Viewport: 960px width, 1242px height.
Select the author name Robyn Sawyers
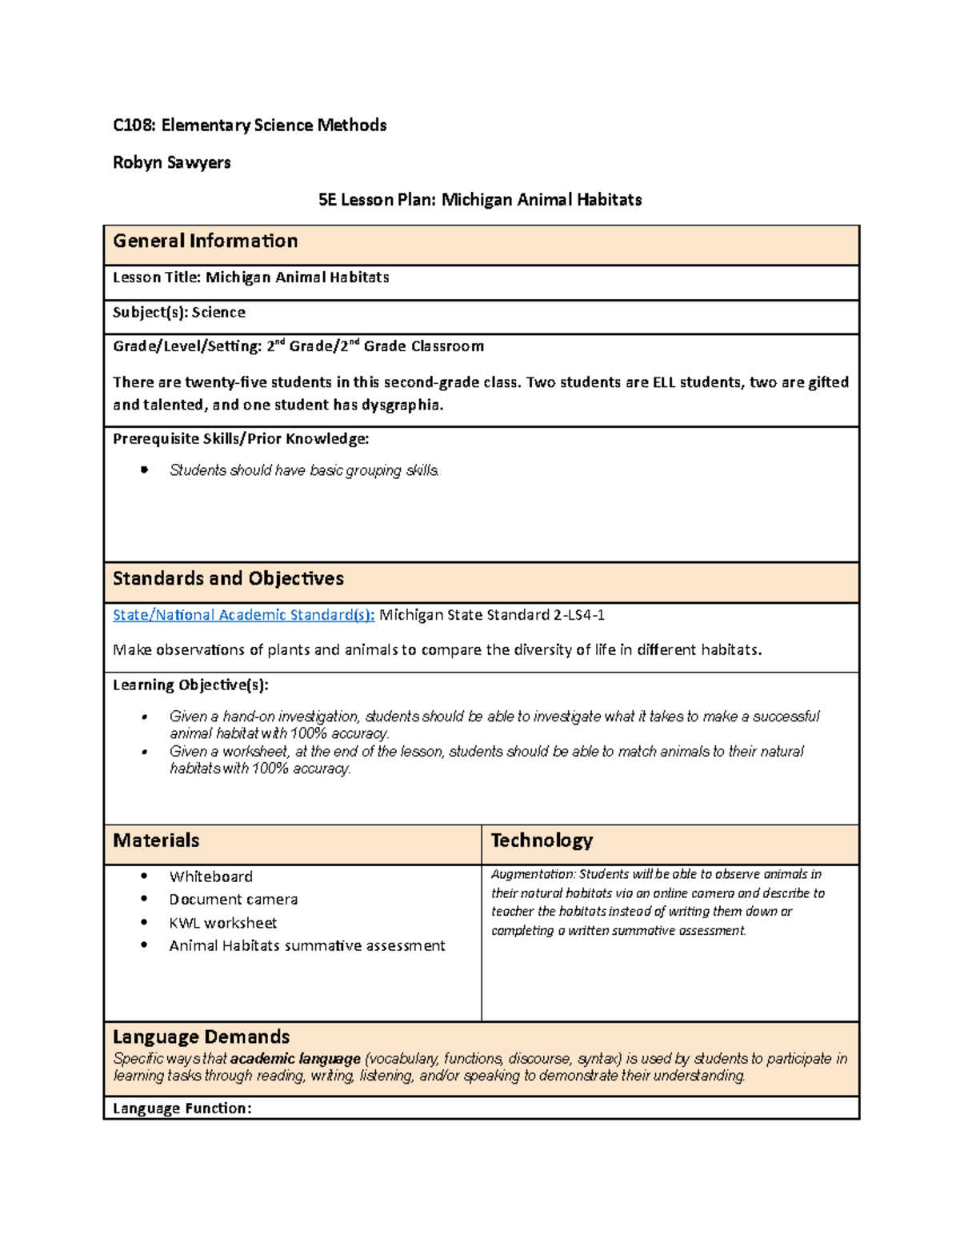click(171, 162)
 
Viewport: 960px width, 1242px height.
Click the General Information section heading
click(205, 241)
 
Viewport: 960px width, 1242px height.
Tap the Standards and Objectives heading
click(228, 578)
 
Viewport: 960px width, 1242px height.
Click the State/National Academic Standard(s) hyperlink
click(243, 615)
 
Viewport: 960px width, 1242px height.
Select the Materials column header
click(156, 841)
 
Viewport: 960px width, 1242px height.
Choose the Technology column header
click(542, 841)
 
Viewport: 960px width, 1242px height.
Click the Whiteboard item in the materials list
click(210, 877)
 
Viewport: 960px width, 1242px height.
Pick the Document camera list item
click(233, 900)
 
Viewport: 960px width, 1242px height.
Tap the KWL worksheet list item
click(222, 923)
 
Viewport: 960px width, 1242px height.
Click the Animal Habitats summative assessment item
click(306, 946)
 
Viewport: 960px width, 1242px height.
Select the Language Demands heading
click(201, 1036)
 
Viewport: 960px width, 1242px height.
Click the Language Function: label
click(182, 1108)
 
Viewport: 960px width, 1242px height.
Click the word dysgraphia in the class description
click(401, 405)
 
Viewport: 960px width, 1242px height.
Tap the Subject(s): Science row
click(178, 313)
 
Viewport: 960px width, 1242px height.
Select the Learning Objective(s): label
click(190, 685)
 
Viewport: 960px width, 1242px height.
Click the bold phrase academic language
click(295, 1059)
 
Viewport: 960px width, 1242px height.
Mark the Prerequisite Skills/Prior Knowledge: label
click(240, 438)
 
